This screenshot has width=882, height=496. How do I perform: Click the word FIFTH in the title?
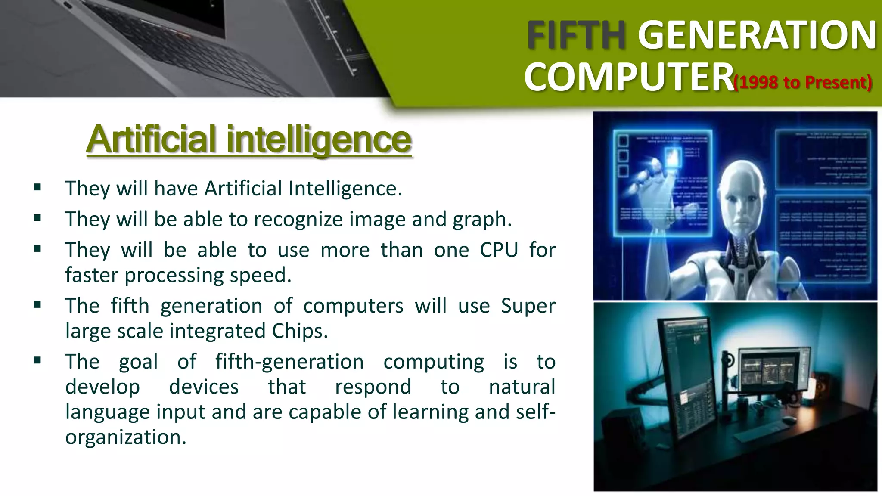576,35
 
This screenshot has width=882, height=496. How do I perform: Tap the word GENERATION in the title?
757,35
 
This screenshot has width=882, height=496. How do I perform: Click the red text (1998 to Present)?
803,82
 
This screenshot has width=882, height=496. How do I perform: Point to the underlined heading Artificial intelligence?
249,139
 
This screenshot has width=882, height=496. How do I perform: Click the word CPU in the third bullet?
499,250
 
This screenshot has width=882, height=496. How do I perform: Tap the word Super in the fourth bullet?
528,306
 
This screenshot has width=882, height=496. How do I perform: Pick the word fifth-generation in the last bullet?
289,362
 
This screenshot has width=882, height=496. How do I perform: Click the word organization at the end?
125,437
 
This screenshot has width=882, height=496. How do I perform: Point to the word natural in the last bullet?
522,387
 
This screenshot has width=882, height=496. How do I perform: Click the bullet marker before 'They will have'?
37,187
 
